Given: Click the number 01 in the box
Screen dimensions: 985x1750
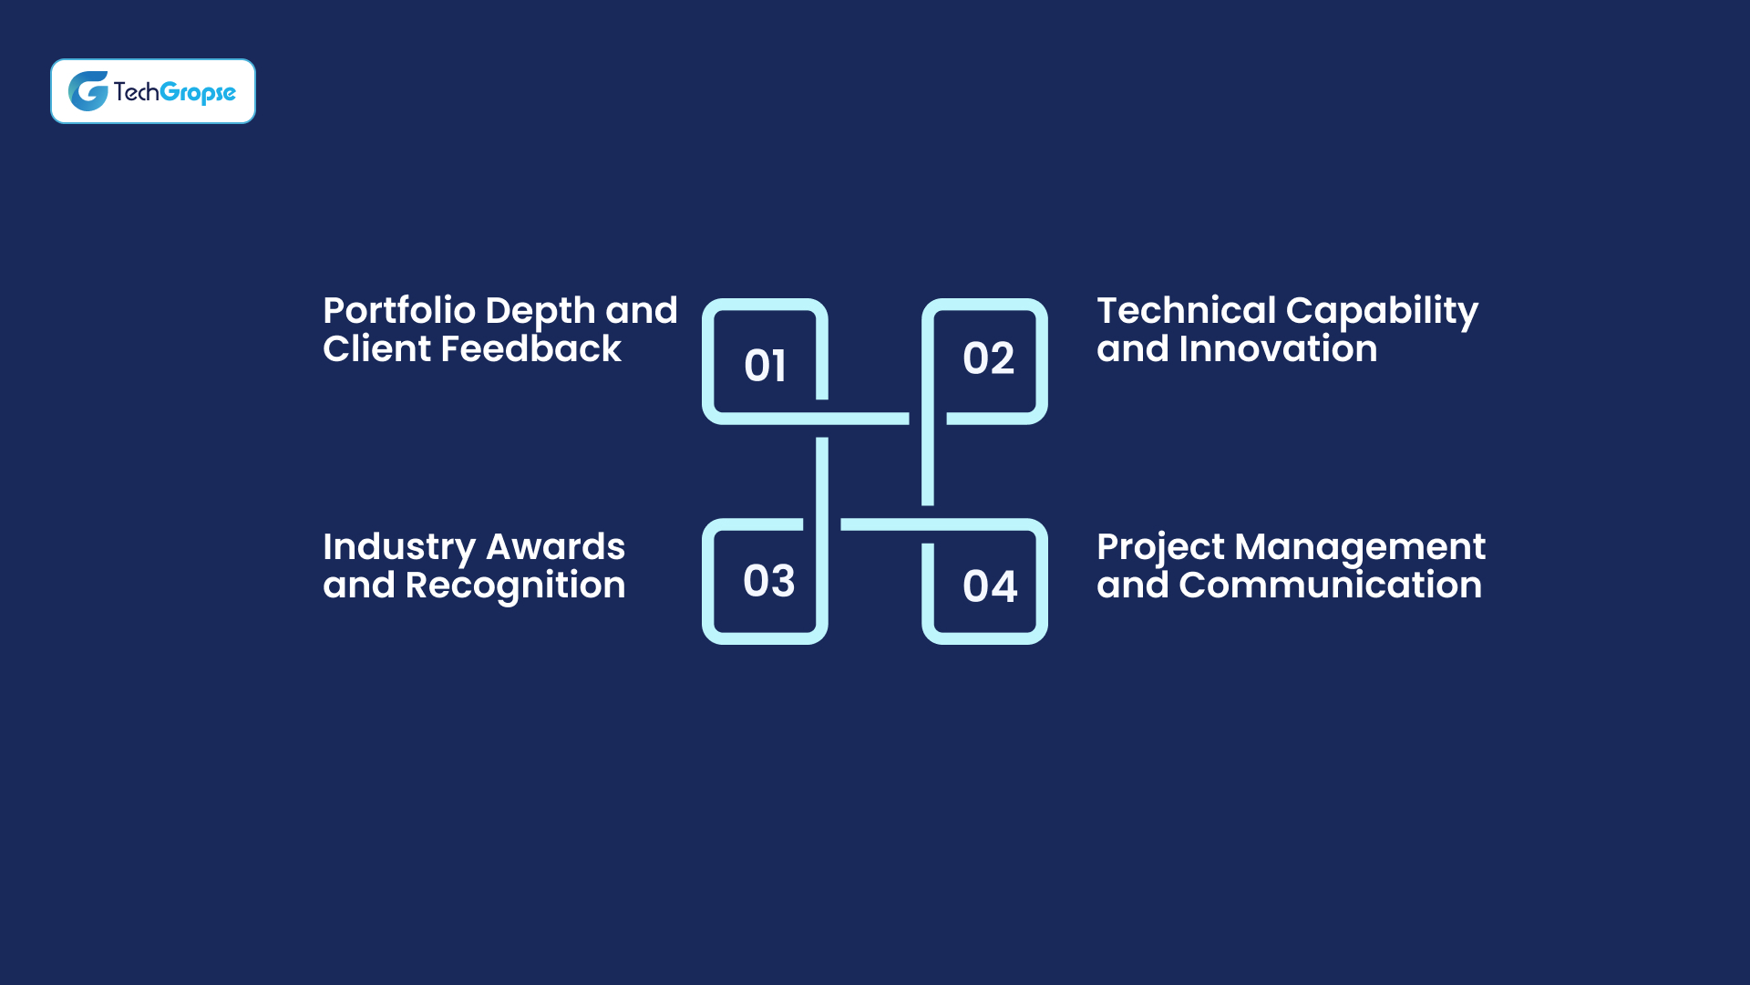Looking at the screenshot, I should [765, 366].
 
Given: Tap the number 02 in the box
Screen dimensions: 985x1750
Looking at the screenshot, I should [988, 358].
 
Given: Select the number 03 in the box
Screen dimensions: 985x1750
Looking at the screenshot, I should [768, 581].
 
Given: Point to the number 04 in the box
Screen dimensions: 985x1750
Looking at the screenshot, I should [990, 586].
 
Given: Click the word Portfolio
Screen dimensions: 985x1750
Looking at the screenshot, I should [399, 312].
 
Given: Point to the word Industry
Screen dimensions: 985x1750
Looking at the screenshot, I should [398, 548].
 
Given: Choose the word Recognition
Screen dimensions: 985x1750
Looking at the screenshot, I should [515, 586].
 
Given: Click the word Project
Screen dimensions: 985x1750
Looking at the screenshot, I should [1160, 548].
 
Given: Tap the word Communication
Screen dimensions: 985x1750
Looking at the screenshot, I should [1330, 586].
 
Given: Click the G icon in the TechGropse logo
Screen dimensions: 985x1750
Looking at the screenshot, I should [88, 91].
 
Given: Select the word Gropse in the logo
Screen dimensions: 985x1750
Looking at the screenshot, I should [198, 93].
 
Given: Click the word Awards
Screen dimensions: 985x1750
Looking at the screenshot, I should [555, 547].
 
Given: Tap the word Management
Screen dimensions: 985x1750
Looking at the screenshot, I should [1360, 548].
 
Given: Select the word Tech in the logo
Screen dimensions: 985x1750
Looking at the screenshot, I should [136, 91].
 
